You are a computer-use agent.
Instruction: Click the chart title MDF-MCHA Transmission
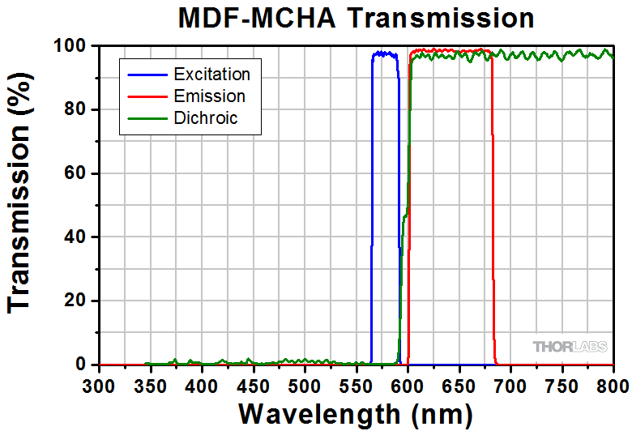[x=357, y=19]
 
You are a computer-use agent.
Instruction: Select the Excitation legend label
[x=211, y=75]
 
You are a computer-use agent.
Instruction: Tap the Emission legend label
[x=209, y=97]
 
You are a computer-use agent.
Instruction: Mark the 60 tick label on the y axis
[x=77, y=173]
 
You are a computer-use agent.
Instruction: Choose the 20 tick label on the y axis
[x=77, y=301]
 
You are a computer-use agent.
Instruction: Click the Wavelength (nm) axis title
[x=356, y=413]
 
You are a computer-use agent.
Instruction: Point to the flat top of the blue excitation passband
[x=385, y=54]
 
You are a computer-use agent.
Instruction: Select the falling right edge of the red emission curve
[x=493, y=203]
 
